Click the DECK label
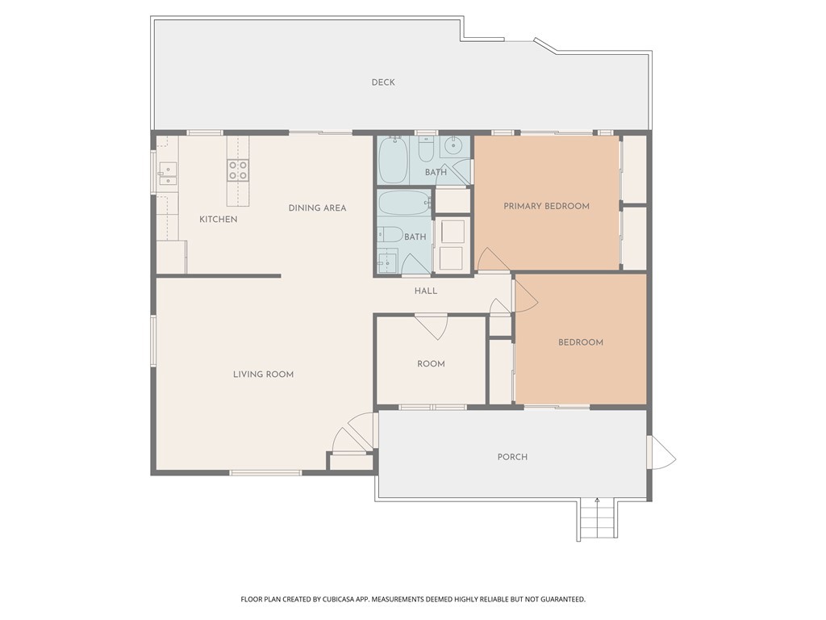[x=383, y=82]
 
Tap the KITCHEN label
[x=218, y=220]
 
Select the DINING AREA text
[x=317, y=207]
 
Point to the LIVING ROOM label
[x=264, y=375]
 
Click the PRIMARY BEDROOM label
[x=546, y=206]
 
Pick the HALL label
[x=426, y=291]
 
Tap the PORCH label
[x=512, y=457]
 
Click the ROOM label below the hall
[x=431, y=364]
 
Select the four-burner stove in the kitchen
[x=238, y=171]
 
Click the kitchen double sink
[x=168, y=174]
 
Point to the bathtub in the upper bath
[x=393, y=160]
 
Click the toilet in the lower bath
[x=390, y=233]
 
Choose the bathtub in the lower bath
[x=404, y=202]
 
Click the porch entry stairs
[x=598, y=519]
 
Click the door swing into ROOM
[x=432, y=326]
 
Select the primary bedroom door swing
[x=493, y=259]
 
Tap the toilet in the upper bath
[x=426, y=149]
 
